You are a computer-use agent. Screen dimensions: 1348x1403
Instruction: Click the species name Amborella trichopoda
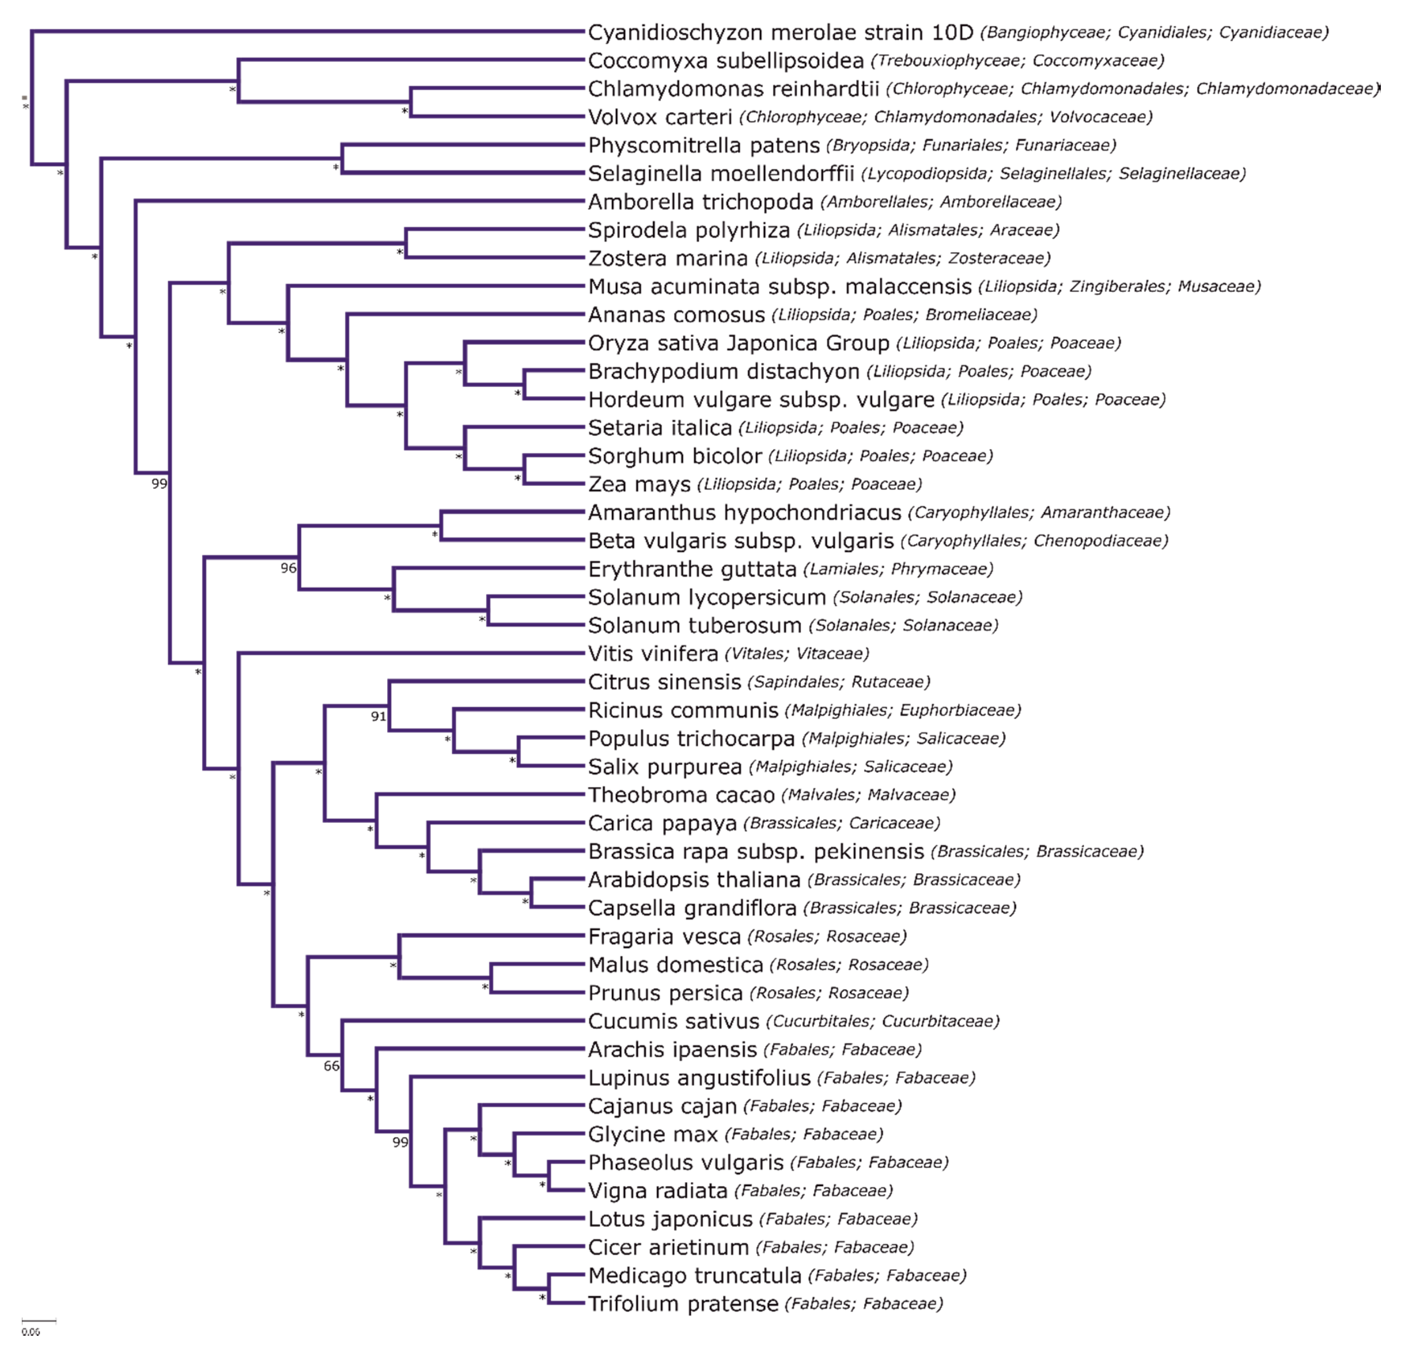[700, 202]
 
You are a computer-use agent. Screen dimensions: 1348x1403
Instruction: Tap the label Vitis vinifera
[653, 653]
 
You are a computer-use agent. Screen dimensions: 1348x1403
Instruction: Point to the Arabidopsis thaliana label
[694, 880]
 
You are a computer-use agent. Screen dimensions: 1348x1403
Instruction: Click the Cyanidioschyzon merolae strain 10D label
[780, 32]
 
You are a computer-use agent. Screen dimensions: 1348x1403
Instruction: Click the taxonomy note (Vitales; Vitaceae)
[797, 653]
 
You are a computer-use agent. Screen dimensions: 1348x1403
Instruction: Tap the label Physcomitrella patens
[703, 145]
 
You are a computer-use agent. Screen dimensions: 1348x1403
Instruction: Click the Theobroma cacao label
[681, 795]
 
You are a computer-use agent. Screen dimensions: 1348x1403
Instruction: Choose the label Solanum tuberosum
[694, 626]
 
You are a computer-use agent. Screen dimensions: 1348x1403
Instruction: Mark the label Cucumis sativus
[673, 1022]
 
